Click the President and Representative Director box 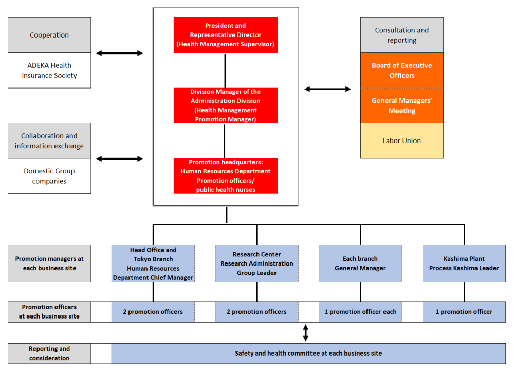[226, 35]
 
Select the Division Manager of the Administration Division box [226, 105]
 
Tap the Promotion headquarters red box [226, 176]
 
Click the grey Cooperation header [49, 36]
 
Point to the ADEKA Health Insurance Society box [49, 70]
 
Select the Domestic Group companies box [49, 176]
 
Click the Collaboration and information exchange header [49, 141]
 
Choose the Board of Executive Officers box [401, 70]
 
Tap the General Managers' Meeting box [401, 105]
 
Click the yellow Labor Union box [401, 141]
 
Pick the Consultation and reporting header [401, 36]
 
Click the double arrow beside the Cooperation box [119, 53]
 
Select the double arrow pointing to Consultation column [327, 89]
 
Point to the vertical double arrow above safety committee [306, 333]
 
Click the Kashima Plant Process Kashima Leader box [464, 263]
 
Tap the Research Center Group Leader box [256, 263]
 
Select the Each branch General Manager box [360, 263]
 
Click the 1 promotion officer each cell [360, 312]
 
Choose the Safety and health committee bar [308, 354]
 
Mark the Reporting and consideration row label [49, 354]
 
